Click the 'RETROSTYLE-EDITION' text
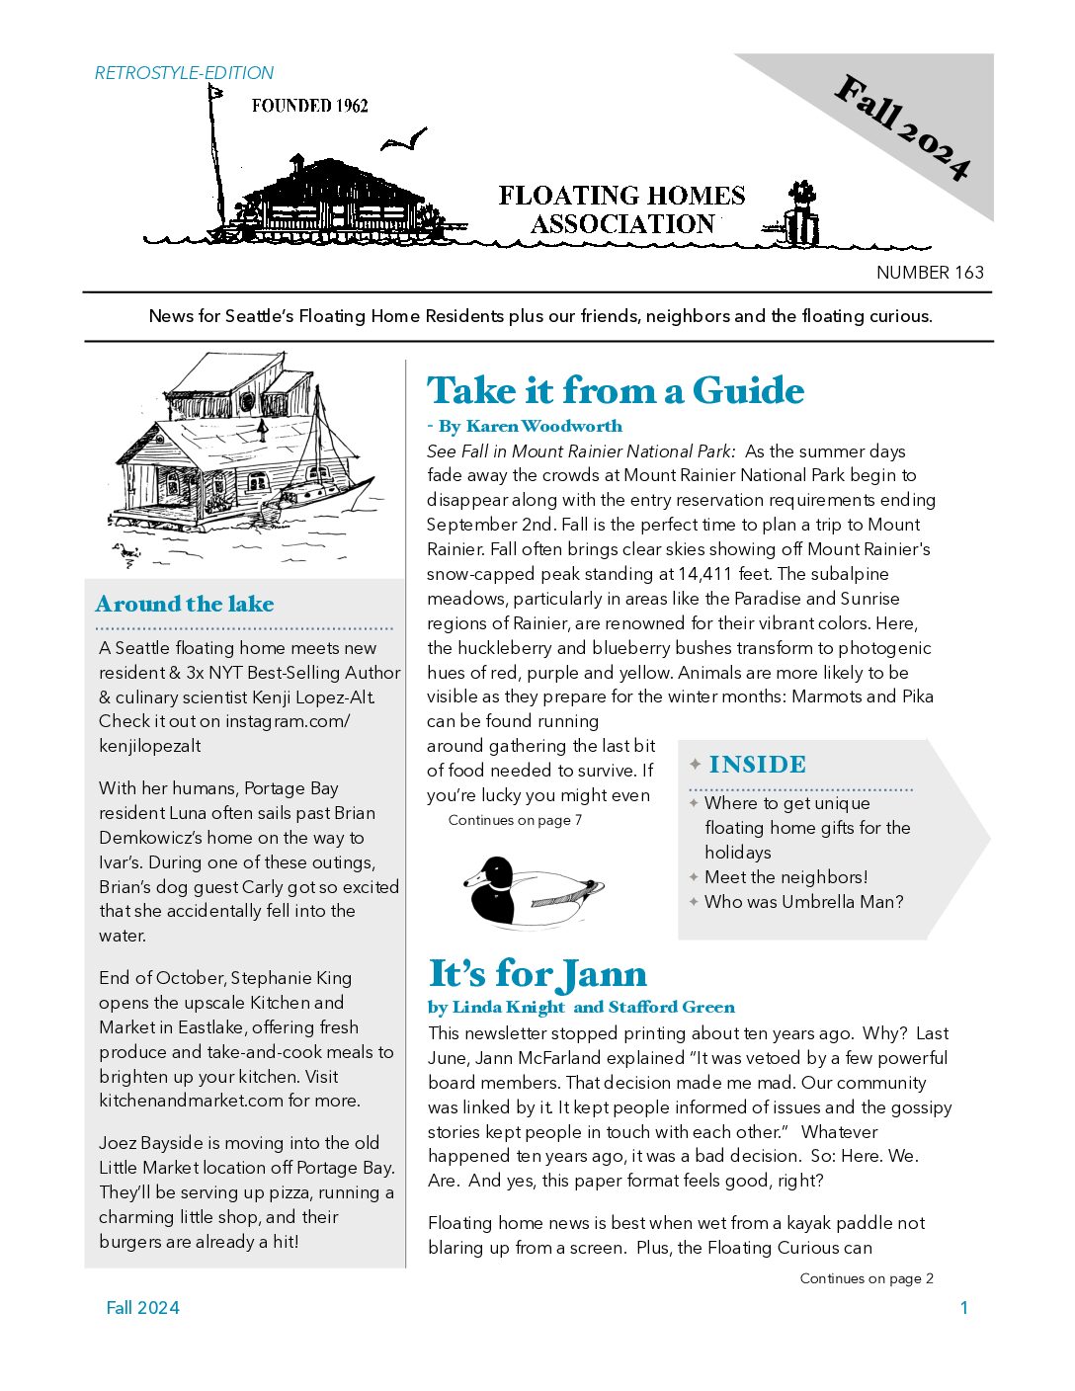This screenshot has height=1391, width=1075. pyautogui.click(x=184, y=73)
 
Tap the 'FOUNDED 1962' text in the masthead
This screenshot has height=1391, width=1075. pyautogui.click(x=309, y=106)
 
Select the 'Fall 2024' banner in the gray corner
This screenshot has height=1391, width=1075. pyautogui.click(x=901, y=128)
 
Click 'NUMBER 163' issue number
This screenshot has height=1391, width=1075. pyautogui.click(x=930, y=273)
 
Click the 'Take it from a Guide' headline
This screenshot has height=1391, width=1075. pyautogui.click(x=616, y=391)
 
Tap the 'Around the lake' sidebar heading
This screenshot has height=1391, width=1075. pyautogui.click(x=185, y=605)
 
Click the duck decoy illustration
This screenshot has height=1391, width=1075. pyautogui.click(x=533, y=890)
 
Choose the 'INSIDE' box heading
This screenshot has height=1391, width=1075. pyautogui.click(x=757, y=765)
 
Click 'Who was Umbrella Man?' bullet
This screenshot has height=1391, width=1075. pyautogui.click(x=803, y=902)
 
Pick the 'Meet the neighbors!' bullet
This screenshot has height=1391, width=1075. pyautogui.click(x=786, y=877)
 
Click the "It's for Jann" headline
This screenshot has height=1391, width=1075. pyautogui.click(x=537, y=974)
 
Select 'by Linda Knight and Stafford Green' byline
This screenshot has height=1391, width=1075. pyautogui.click(x=581, y=1008)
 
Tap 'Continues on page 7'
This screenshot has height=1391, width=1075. pyautogui.click(x=515, y=820)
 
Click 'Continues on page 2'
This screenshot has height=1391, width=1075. pyautogui.click(x=867, y=1278)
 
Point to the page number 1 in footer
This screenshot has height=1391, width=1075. pyautogui.click(x=964, y=1308)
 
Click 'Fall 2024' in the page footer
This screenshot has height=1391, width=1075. pyautogui.click(x=143, y=1308)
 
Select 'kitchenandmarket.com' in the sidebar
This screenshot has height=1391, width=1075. pyautogui.click(x=179, y=1101)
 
